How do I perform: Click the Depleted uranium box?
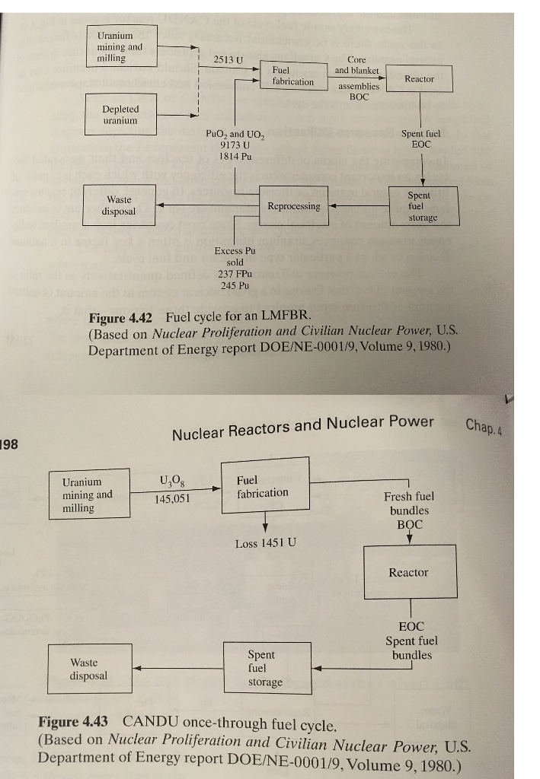(120, 116)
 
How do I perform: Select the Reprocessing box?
(294, 205)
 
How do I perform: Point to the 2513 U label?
(228, 59)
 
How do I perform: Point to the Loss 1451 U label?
(266, 543)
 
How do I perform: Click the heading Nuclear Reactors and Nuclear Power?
(303, 428)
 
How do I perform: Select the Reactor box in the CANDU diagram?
(409, 572)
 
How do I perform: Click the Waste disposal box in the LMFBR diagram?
(120, 206)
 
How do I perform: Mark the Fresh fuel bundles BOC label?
(409, 510)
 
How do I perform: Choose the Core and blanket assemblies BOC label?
(357, 78)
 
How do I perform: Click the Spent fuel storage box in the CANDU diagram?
(267, 668)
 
